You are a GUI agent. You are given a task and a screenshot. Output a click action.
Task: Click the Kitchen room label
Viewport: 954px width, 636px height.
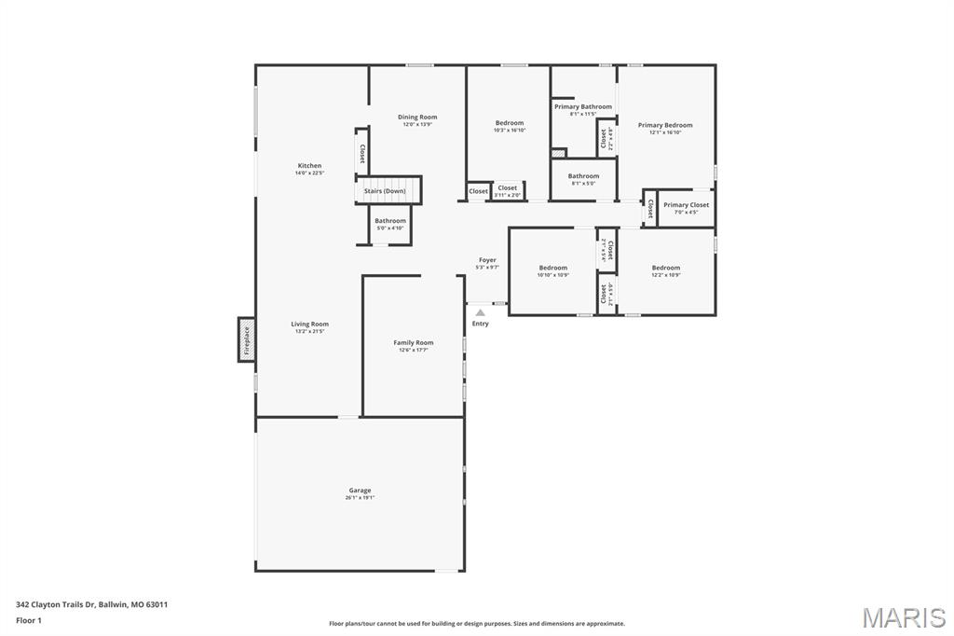coord(309,166)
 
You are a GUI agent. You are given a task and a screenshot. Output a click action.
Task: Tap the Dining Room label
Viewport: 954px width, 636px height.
coord(417,118)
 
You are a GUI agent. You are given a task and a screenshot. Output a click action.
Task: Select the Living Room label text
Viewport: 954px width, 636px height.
coord(309,325)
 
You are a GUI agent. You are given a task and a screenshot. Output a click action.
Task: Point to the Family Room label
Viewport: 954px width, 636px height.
coord(414,343)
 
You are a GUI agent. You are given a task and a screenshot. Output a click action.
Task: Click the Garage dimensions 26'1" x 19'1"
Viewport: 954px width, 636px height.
coord(360,498)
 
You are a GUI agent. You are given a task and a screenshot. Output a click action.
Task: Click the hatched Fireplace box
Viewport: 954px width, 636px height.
coord(247,340)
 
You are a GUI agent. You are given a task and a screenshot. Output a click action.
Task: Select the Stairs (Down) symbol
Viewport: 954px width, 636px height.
coord(388,190)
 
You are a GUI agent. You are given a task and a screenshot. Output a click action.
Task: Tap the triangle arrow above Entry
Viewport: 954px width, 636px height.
coord(480,312)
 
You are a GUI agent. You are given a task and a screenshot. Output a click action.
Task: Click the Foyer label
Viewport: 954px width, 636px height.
coord(487,260)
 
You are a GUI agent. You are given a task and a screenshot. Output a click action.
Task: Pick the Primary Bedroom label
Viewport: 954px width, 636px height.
coord(665,125)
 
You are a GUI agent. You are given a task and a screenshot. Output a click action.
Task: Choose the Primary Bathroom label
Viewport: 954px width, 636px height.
coord(583,107)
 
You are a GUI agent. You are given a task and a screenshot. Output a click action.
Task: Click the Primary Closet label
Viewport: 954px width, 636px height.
coord(686,205)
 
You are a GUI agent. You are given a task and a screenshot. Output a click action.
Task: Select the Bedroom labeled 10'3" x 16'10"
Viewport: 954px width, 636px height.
coord(510,123)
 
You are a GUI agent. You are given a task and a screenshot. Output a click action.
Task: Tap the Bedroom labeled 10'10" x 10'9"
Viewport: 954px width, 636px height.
coord(553,269)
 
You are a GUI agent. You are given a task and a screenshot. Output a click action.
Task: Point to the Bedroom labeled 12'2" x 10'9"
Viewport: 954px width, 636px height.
coord(666,269)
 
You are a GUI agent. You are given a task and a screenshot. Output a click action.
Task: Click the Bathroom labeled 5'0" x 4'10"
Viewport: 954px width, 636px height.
coord(390,221)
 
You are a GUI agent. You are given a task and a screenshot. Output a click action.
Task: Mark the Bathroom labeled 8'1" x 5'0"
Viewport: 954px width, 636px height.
coord(584,176)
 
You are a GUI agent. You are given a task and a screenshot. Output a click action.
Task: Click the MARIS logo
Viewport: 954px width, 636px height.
coord(904,617)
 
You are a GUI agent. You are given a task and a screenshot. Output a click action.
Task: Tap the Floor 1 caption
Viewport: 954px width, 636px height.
coord(29,620)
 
